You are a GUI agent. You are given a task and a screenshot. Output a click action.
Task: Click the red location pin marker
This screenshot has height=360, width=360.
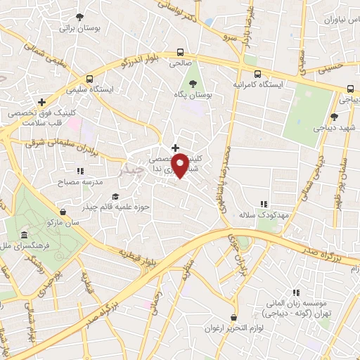(180, 165)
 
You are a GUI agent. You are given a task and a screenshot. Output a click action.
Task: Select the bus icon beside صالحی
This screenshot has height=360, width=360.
(181, 51)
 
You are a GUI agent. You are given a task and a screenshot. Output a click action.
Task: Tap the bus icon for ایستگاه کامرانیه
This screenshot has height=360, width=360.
(257, 73)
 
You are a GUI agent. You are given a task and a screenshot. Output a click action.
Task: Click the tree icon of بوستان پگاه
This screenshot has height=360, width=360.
(192, 82)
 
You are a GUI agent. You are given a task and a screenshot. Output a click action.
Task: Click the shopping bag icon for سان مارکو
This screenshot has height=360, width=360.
(64, 210)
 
